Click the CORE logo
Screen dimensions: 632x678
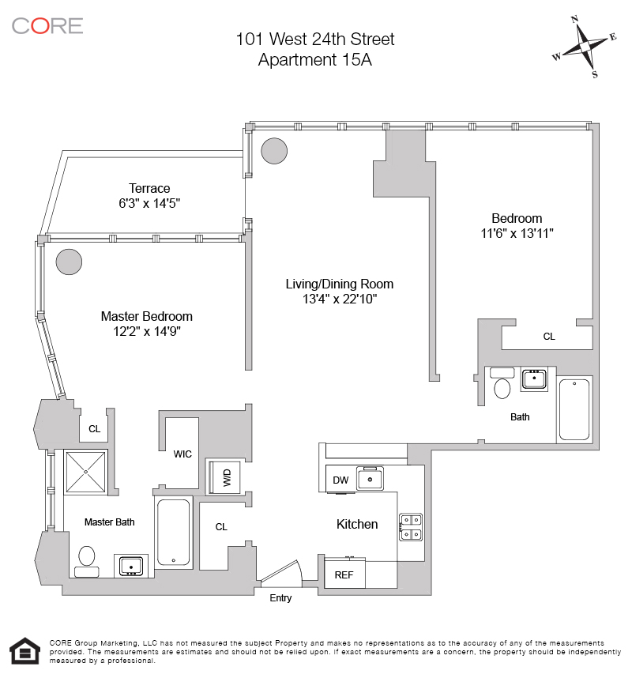tap(47, 25)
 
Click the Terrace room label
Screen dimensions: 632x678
tap(149, 188)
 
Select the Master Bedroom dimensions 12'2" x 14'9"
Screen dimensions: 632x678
tap(147, 332)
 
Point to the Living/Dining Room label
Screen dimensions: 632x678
tap(340, 284)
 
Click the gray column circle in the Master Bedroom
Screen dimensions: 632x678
tap(69, 261)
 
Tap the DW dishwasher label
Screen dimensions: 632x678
tap(340, 480)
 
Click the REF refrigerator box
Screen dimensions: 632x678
tap(344, 574)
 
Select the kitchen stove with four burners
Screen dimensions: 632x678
tap(411, 526)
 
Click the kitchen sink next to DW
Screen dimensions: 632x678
tap(370, 478)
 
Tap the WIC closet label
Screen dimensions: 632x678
tap(182, 454)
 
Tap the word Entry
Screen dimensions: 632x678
tap(280, 598)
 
